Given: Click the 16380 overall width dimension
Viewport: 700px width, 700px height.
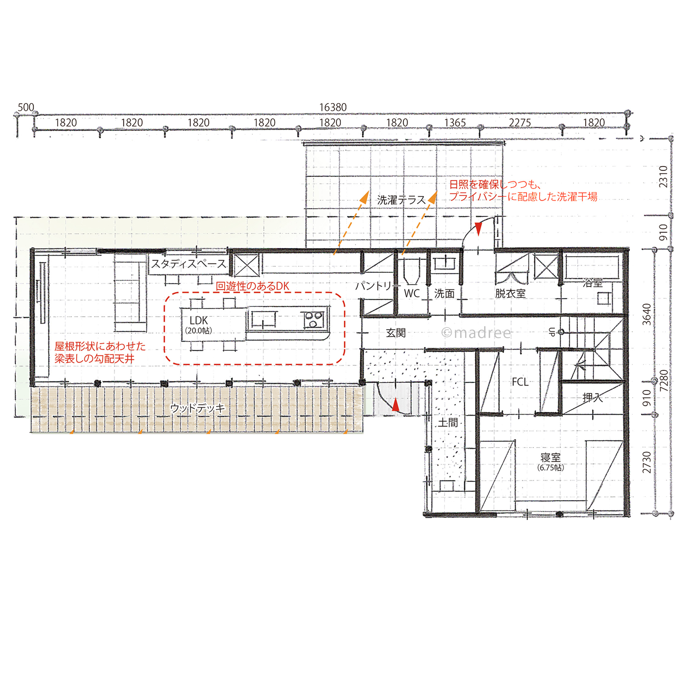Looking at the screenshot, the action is tap(333, 107).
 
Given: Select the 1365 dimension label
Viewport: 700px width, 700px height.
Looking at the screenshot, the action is tap(455, 123).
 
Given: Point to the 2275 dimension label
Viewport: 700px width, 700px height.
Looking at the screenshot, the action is tap(520, 123).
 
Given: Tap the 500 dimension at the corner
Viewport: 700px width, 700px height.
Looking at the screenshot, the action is tap(26, 107).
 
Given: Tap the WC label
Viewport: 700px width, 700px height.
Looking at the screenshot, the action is tap(412, 293).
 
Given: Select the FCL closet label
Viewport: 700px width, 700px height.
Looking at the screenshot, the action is tap(520, 382).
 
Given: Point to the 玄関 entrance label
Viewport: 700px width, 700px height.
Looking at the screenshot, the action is tap(396, 333).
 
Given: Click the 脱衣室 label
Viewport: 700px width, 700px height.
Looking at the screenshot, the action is tap(510, 293).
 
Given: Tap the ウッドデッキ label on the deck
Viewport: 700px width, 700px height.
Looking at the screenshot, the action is tap(198, 408).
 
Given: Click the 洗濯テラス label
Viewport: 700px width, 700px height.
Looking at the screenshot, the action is tap(401, 200).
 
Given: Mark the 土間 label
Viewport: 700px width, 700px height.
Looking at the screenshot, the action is tap(448, 423).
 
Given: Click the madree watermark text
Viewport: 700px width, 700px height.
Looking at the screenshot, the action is tap(476, 333).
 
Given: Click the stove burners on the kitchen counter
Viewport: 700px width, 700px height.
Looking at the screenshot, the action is tap(314, 320).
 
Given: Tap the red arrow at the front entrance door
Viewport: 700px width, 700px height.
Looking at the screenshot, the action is tap(396, 405).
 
